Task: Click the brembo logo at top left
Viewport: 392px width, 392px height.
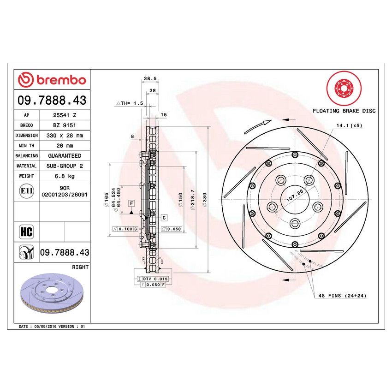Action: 52,80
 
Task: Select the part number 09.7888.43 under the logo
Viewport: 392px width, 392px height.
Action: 52,100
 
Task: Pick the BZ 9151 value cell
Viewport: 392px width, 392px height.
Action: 64,125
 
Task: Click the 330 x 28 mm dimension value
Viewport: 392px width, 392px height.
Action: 64,136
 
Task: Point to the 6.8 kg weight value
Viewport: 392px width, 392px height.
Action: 64,176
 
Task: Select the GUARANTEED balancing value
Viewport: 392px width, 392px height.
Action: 64,156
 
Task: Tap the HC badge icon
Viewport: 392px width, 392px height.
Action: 26,232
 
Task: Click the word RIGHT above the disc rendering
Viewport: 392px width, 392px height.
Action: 80,267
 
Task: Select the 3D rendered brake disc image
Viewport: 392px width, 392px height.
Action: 52,296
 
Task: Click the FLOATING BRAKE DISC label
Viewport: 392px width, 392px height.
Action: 344,111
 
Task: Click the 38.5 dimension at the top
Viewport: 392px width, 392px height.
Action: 148,79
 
